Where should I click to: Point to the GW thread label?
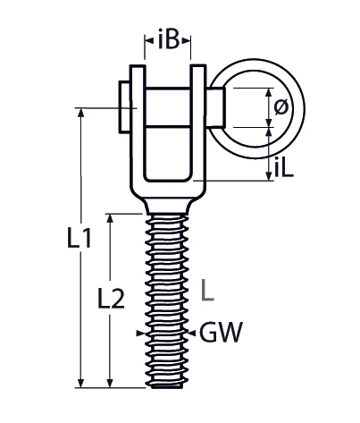tap(221, 334)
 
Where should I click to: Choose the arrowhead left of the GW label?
tap(194, 334)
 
